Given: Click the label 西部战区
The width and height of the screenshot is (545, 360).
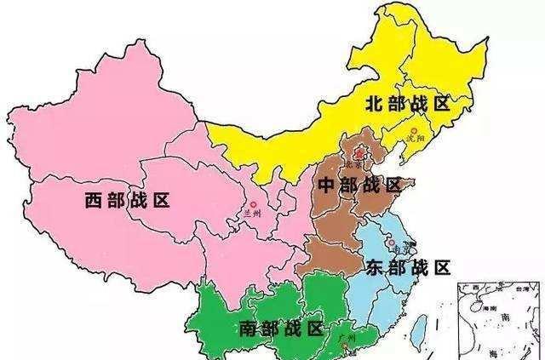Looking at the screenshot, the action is tap(128, 201).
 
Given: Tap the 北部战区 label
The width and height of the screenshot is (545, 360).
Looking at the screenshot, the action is tap(406, 104).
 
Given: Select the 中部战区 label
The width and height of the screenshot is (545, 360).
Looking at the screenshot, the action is tap(359, 186).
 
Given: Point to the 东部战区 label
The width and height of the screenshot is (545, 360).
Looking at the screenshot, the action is tap(407, 267).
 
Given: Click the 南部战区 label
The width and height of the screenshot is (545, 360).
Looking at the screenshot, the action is tap(281, 328).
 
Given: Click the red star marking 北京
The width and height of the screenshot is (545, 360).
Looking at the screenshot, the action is tap(359, 154).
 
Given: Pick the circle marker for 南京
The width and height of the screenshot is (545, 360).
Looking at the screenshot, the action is tap(391, 243).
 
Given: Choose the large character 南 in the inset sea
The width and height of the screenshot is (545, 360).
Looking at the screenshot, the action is tap(504, 317).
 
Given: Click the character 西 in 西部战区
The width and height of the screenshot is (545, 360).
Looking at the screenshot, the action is tap(94, 201).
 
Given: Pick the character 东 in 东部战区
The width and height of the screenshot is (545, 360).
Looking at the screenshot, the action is tap(375, 267).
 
